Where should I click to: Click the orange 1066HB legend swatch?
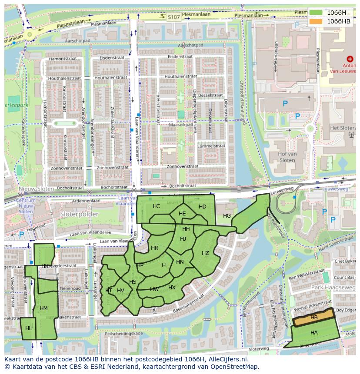coord(316,21)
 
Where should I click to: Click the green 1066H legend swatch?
coord(316,13)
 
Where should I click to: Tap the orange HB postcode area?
coord(314,318)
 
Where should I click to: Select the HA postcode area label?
coord(314,332)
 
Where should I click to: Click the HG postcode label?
coord(227,215)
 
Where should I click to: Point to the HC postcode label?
coord(157,206)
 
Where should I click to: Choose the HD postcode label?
coord(202,207)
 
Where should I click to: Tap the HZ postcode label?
coord(205,253)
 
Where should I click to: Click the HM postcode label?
coord(43,308)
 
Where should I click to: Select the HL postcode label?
coord(29,328)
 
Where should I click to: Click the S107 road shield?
coord(173,17)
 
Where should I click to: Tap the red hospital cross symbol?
coord(350,59)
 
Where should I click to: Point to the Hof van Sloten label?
coord(282,157)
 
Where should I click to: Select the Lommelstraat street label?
coord(210,146)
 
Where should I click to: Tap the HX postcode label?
coord(172,288)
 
